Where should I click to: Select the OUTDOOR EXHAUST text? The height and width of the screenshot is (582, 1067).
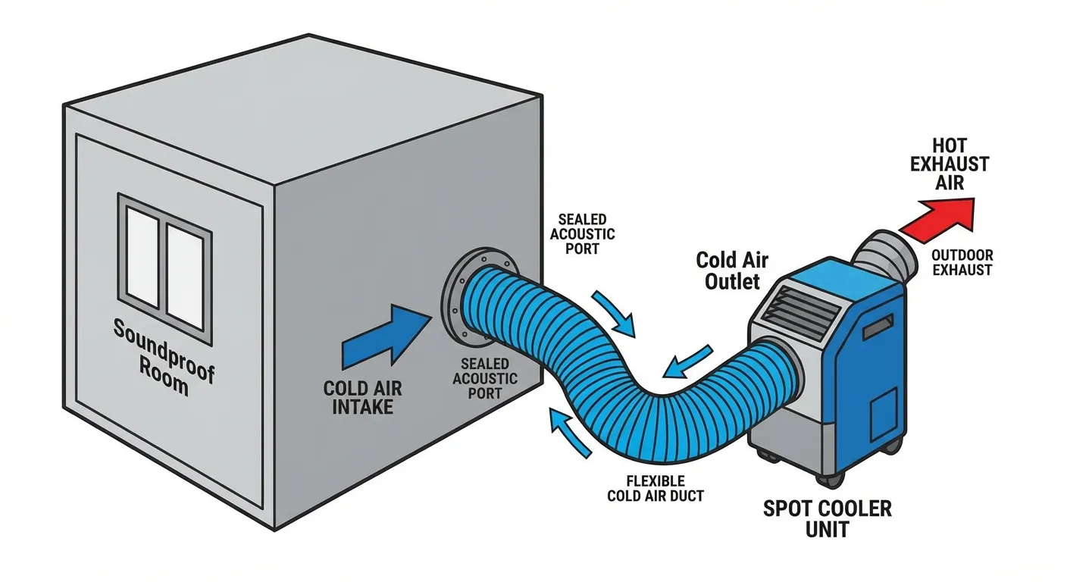click(962, 262)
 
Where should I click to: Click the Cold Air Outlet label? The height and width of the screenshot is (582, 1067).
click(732, 271)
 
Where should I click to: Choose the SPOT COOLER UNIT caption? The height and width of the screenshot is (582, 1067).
click(828, 518)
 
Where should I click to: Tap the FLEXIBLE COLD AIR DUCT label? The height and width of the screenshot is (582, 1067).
click(656, 489)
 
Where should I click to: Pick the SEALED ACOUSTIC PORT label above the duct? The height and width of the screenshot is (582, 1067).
click(582, 233)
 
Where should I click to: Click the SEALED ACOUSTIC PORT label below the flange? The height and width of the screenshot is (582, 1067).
click(485, 378)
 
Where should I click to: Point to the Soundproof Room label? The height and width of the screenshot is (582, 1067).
click(164, 355)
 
